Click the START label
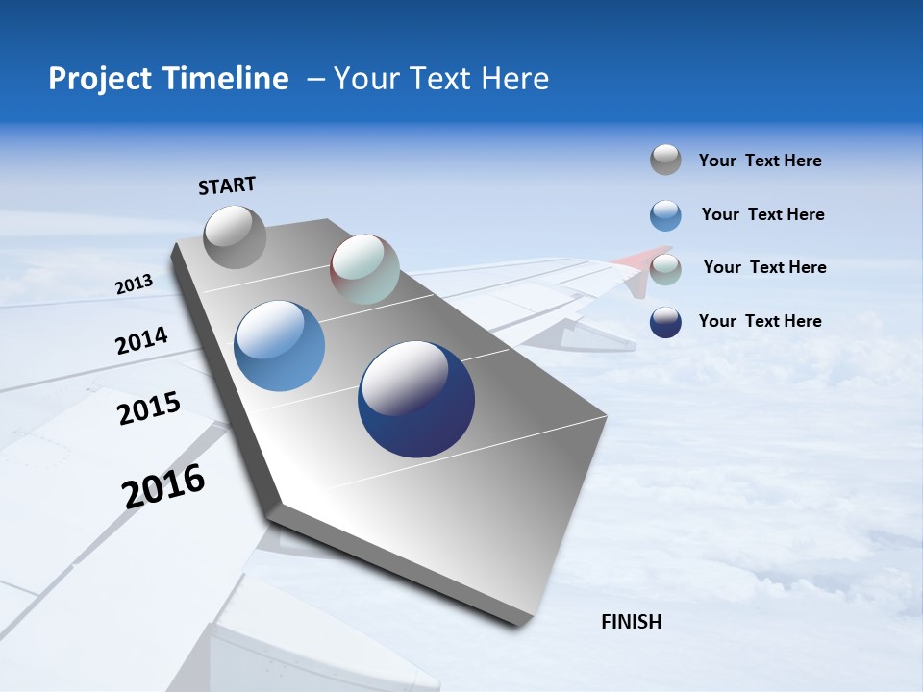227,185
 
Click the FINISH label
631,622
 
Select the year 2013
134,284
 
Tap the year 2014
141,341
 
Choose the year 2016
163,486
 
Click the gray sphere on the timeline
235,236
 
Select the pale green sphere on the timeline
364,269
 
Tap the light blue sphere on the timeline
280,346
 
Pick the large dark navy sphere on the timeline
416,399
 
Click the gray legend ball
665,160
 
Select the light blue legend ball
665,215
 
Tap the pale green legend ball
665,268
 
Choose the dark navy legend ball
665,322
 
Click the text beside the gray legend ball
760,161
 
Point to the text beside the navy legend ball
760,321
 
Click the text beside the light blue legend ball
762,214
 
